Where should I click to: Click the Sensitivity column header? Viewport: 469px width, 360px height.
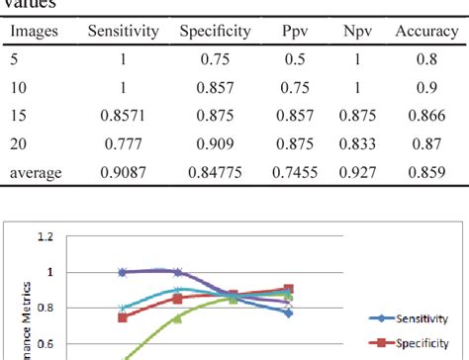click(123, 31)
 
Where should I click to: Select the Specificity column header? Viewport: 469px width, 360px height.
click(215, 31)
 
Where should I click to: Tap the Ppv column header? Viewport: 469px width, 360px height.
click(293, 31)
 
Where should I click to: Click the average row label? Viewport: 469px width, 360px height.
click(37, 173)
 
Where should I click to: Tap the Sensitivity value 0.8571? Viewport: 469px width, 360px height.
click(123, 116)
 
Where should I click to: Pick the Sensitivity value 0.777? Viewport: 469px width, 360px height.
click(123, 144)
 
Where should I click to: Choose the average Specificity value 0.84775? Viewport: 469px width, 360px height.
click(215, 173)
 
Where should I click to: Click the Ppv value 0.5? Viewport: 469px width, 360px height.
click(293, 58)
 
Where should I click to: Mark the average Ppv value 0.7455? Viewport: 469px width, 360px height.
click(293, 173)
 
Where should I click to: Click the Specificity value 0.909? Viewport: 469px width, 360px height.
click(215, 144)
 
